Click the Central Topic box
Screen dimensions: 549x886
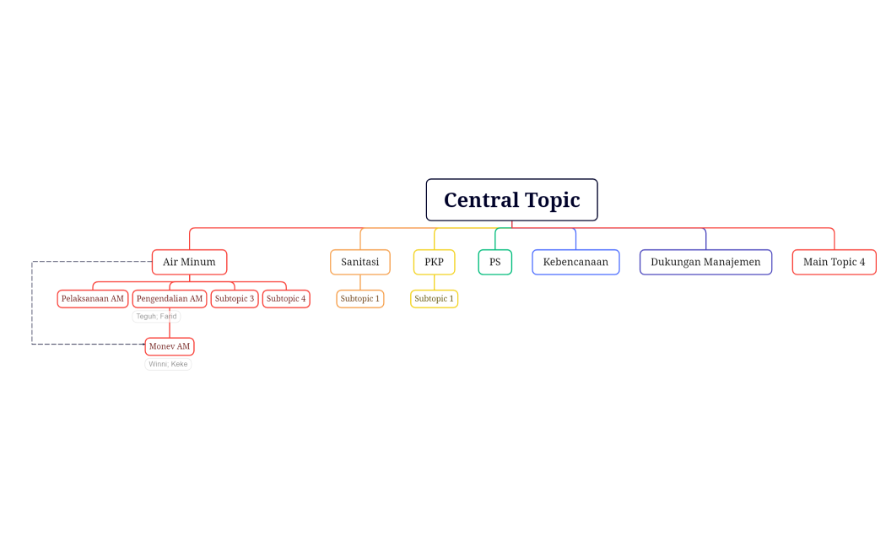pyautogui.click(x=511, y=200)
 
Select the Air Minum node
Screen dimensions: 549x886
pyautogui.click(x=189, y=262)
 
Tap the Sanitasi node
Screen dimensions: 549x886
pyautogui.click(x=359, y=262)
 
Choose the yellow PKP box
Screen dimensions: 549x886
pyautogui.click(x=434, y=262)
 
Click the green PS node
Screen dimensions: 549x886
pyautogui.click(x=494, y=262)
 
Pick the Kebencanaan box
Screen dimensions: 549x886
pyautogui.click(x=575, y=262)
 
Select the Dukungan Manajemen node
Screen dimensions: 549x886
pyautogui.click(x=705, y=262)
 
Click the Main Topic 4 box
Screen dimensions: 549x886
pyautogui.click(x=834, y=262)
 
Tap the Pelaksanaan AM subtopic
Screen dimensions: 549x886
pyautogui.click(x=93, y=299)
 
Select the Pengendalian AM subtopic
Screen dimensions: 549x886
pyautogui.click(x=170, y=299)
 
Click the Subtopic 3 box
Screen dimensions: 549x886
pyautogui.click(x=235, y=299)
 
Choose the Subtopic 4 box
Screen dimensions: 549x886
pyautogui.click(x=286, y=299)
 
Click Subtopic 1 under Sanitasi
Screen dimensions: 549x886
pyautogui.click(x=360, y=299)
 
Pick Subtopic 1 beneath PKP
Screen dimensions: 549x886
pyautogui.click(x=434, y=299)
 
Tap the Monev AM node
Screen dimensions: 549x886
pyautogui.click(x=170, y=346)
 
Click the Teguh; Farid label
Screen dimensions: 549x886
pyautogui.click(x=156, y=317)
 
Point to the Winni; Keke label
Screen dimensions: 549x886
pyautogui.click(x=168, y=364)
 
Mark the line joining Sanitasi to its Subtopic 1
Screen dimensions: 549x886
pyautogui.click(x=360, y=282)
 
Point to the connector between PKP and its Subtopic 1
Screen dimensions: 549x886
pyautogui.click(x=435, y=282)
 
